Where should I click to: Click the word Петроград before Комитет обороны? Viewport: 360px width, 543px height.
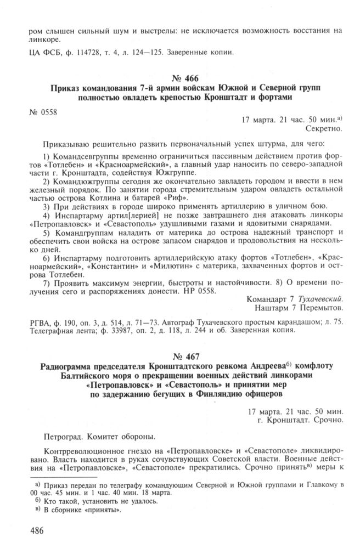tap(61, 437)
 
